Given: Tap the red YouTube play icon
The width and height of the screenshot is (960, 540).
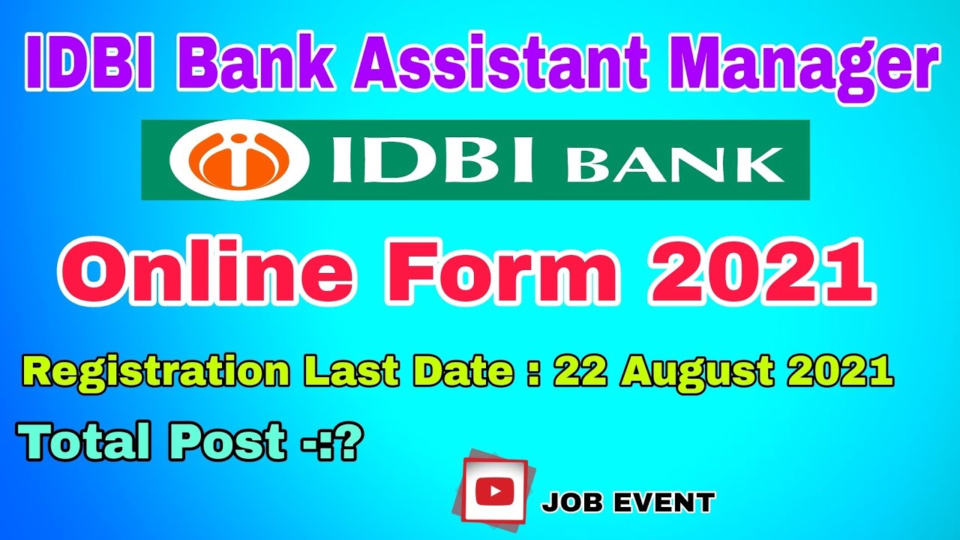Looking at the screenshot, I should (x=494, y=490).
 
